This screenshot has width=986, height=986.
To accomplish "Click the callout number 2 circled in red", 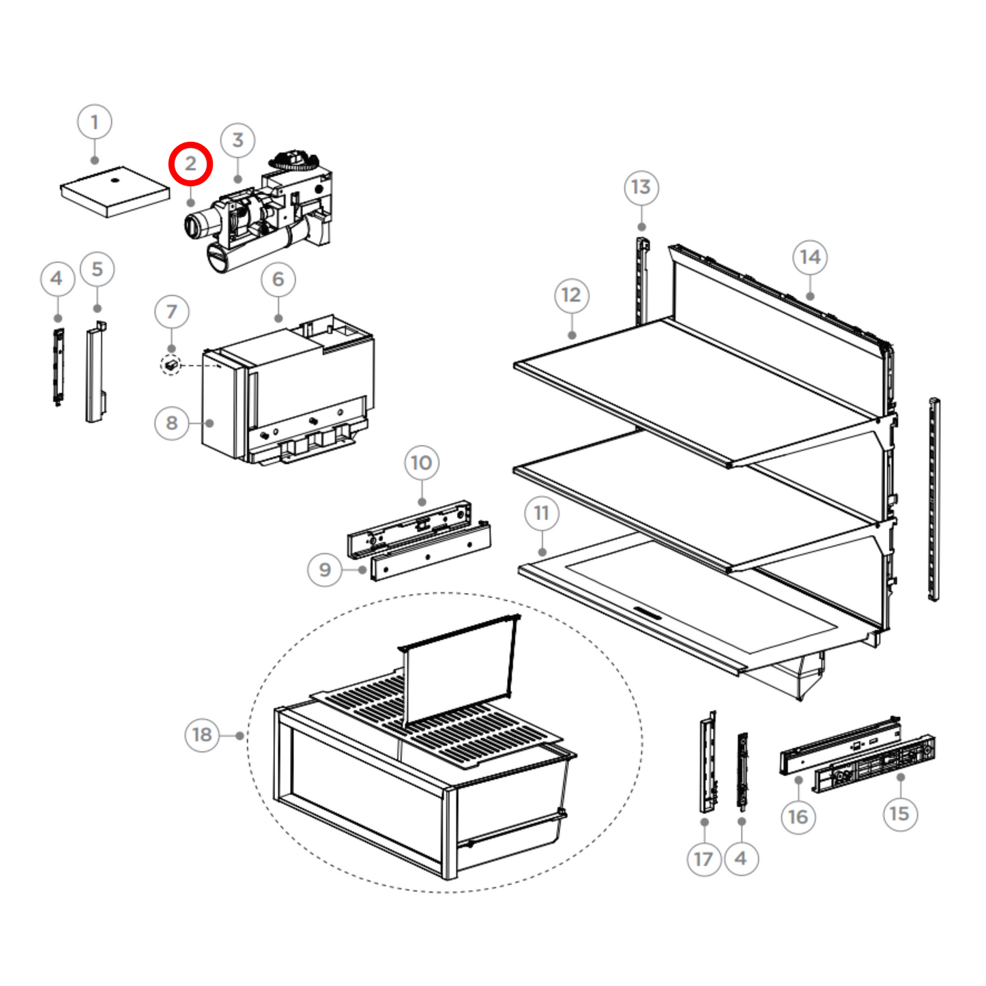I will (x=191, y=164).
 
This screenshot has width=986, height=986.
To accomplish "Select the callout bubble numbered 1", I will (x=95, y=122).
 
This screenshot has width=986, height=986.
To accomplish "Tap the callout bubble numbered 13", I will (x=641, y=187).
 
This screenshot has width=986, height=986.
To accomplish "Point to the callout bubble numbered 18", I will (x=202, y=735).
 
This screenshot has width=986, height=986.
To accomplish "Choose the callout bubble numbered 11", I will (x=542, y=513).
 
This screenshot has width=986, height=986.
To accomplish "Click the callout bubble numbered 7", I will (x=171, y=312).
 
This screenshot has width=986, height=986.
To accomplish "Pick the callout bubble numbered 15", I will (x=899, y=813).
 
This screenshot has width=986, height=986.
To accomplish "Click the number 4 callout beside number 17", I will (x=741, y=858).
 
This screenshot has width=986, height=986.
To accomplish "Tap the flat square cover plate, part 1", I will (x=115, y=190).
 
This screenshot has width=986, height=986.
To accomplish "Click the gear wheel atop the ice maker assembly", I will (x=294, y=162).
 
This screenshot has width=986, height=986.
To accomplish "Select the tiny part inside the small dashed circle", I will (x=171, y=366).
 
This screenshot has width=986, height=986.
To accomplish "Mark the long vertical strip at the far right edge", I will (x=933, y=499).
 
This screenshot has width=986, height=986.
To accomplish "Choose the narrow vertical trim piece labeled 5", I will (x=95, y=373).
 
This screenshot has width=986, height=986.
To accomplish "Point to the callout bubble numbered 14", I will (x=810, y=257).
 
